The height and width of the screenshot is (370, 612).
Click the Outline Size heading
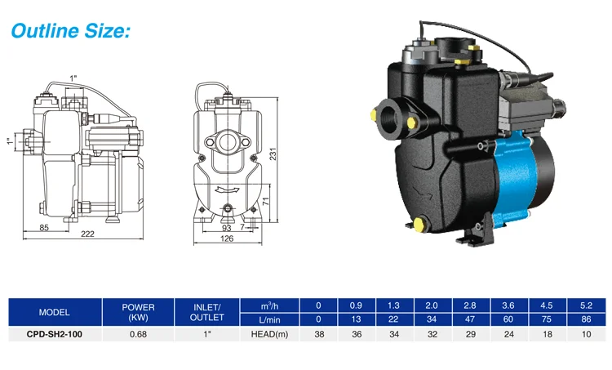pos(70,31)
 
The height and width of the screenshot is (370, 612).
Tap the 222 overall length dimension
pos(87,234)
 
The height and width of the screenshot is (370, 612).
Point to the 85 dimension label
pos(44,227)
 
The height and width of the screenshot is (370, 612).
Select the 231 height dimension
pos(273,154)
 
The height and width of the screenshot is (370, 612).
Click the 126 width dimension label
pos(227,238)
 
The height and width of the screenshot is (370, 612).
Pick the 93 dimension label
pos(226,228)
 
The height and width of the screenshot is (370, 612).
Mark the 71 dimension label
pos(266,202)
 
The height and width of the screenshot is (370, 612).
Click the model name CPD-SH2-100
pos(54,334)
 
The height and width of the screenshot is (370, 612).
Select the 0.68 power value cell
pos(138,334)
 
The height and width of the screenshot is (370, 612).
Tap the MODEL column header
pos(54,312)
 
